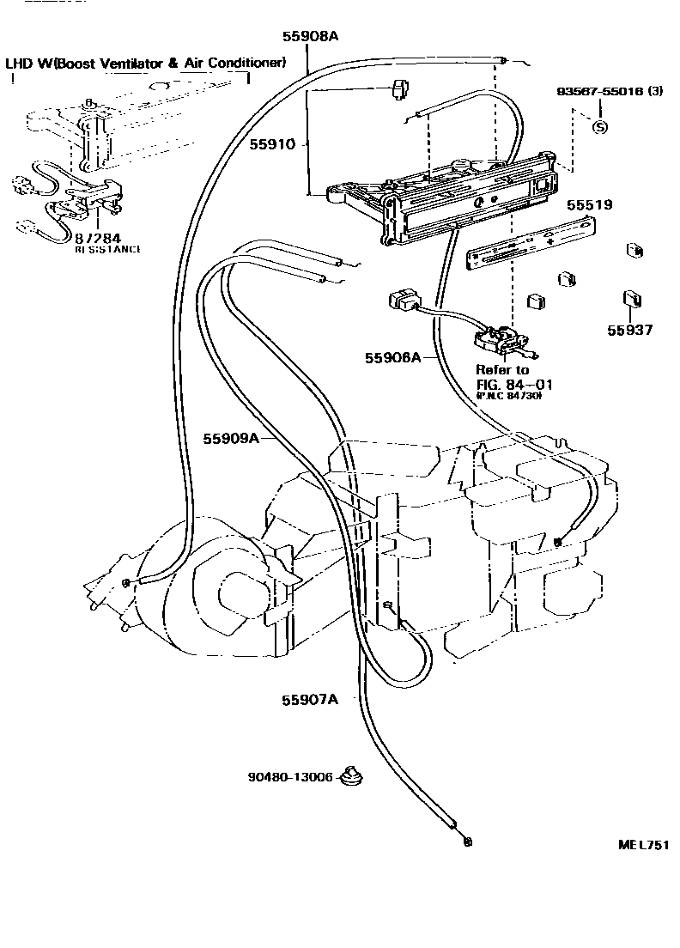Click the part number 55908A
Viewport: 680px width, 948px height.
[310, 36]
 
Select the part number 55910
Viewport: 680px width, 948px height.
[272, 145]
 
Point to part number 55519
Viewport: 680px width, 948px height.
[588, 205]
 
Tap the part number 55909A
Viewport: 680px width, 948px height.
[231, 438]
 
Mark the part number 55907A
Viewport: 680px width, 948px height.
[309, 699]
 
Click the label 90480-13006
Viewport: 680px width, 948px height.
[289, 778]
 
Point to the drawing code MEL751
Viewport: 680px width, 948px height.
[643, 845]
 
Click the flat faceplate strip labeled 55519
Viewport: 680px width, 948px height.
[530, 242]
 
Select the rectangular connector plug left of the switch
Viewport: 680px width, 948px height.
[402, 301]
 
